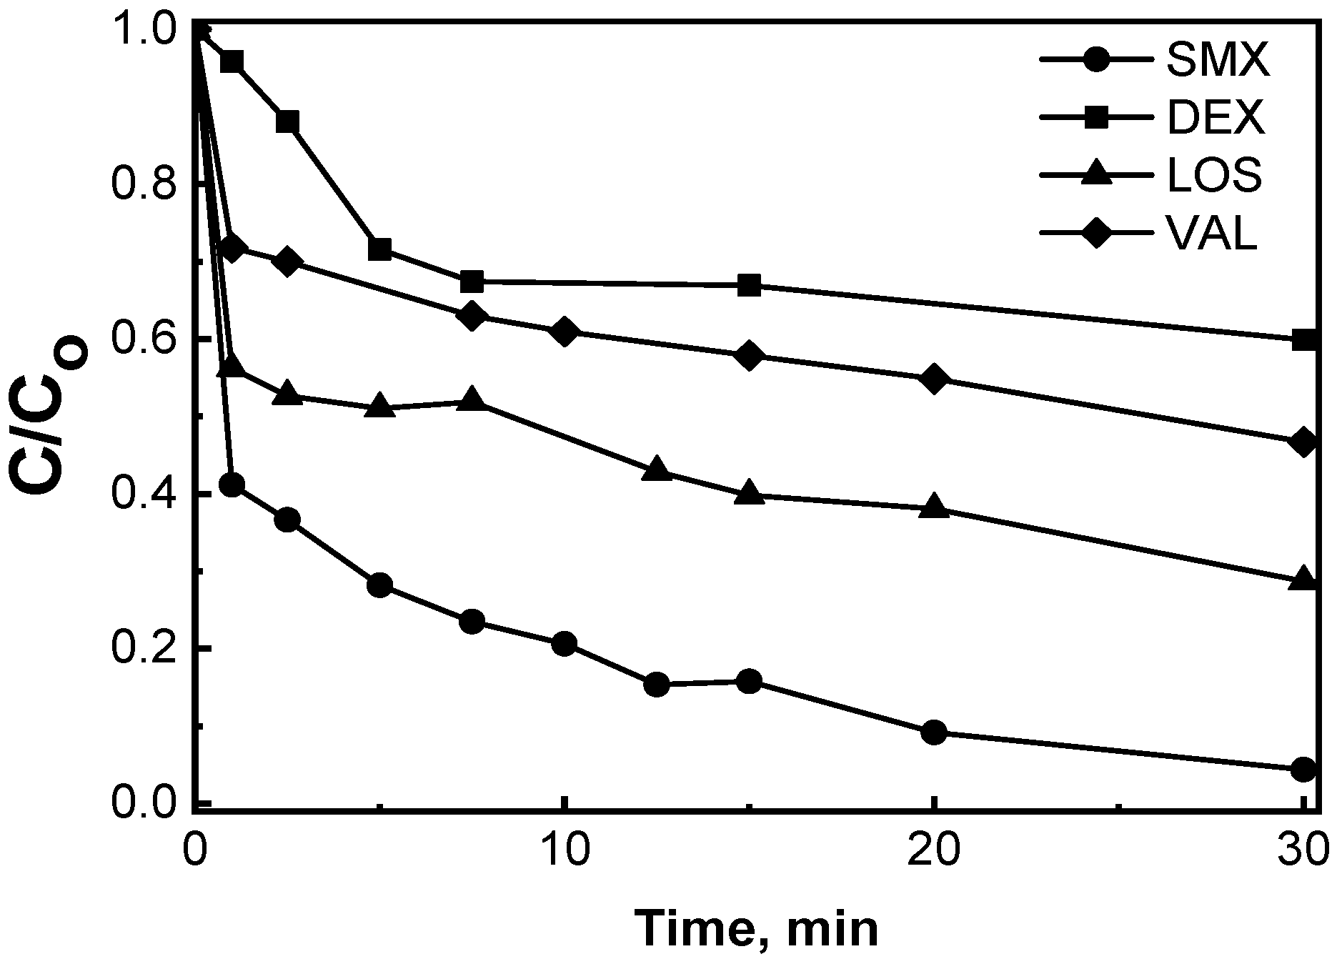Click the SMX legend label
click(x=1218, y=61)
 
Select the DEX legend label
click(x=1216, y=120)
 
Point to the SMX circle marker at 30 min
click(x=1303, y=770)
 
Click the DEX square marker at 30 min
click(x=1303, y=339)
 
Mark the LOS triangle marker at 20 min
click(x=934, y=507)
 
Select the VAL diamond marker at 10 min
click(x=564, y=332)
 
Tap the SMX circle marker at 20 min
click(x=934, y=732)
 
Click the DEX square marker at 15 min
click(x=749, y=286)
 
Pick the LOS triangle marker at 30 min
click(x=1303, y=579)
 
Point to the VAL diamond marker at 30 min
click(x=1303, y=442)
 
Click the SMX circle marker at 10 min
click(x=564, y=644)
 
